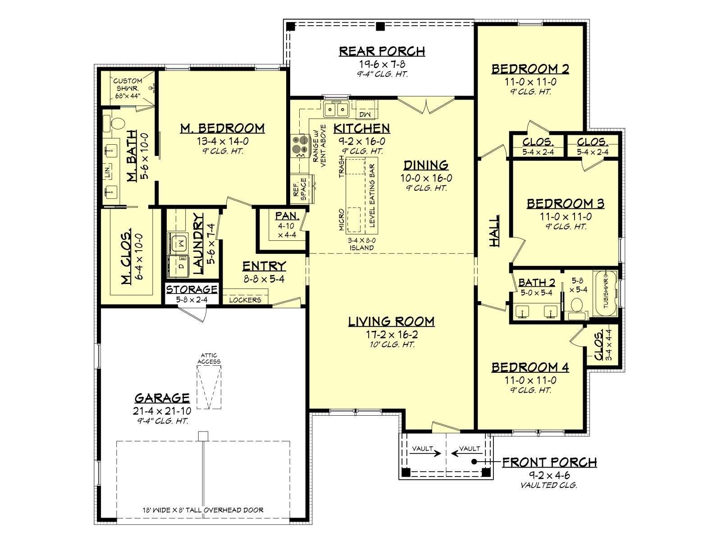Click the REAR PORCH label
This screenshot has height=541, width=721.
click(382, 51)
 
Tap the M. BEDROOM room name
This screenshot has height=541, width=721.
click(222, 128)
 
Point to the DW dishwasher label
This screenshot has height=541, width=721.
click(365, 115)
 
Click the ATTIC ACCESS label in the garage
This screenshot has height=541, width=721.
click(209, 358)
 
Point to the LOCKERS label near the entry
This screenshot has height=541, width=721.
click(245, 300)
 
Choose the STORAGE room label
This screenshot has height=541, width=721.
click(192, 289)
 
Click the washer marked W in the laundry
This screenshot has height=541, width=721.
click(178, 242)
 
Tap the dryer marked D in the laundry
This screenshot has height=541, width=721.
click(178, 266)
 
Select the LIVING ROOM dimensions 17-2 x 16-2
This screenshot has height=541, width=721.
click(392, 335)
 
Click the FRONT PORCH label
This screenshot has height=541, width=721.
click(549, 462)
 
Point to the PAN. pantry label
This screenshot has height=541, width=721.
click(287, 215)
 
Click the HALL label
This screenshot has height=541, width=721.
click(494, 231)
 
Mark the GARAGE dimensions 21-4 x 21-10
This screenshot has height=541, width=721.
click(162, 411)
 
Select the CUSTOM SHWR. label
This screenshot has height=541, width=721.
click(128, 88)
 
